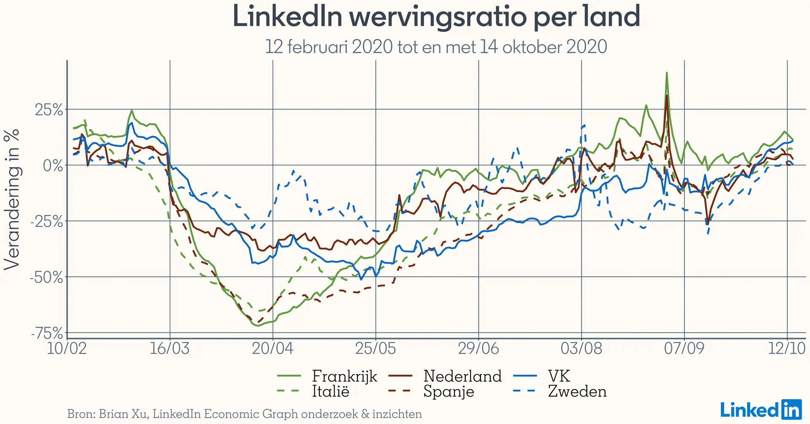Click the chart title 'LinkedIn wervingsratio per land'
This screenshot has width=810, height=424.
point(436,17)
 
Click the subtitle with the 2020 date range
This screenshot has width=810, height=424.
point(436,47)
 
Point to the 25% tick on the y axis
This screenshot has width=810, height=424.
point(49,110)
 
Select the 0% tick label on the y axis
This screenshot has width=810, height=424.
point(53,166)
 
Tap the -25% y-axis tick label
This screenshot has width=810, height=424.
point(47,221)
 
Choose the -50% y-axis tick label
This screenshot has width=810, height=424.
point(47,277)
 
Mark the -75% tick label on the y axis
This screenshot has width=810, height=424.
point(47,334)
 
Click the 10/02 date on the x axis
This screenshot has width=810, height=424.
point(67,349)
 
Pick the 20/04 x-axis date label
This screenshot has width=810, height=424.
point(273,349)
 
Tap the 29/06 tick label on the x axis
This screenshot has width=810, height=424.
point(478,349)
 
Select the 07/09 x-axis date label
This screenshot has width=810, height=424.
point(684,349)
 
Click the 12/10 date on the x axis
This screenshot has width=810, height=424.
point(787,349)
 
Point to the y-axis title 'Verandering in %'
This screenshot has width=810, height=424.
point(12,199)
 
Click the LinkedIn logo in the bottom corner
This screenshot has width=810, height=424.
point(761,410)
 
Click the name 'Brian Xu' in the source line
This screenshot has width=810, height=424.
point(123,414)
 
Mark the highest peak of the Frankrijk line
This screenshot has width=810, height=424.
point(667,73)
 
